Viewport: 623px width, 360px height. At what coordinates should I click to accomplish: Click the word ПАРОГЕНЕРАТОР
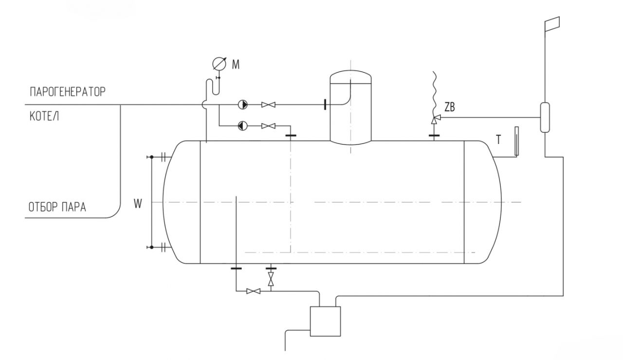click(68, 91)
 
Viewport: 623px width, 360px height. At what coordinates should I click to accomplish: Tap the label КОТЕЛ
click(44, 116)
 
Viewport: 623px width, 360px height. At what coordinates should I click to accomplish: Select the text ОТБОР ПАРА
click(57, 207)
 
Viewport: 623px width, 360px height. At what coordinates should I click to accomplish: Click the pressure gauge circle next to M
click(219, 64)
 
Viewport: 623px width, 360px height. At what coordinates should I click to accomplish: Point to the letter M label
click(236, 65)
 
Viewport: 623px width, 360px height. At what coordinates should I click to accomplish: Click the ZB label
click(449, 107)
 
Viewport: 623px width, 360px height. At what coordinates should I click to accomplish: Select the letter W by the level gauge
click(138, 204)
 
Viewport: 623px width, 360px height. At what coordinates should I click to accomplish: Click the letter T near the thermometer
click(499, 140)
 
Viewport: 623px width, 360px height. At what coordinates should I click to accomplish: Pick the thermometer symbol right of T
click(517, 141)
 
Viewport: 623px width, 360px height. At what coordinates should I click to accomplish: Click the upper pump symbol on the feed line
click(243, 105)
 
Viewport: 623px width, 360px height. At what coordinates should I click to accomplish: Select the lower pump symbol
click(243, 126)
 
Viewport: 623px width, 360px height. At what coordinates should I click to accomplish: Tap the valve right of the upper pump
click(268, 105)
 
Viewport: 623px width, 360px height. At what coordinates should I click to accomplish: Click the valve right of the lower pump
click(268, 126)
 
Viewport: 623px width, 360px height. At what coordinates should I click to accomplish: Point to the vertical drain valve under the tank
click(271, 279)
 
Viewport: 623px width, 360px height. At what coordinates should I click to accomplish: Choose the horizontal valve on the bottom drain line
click(254, 291)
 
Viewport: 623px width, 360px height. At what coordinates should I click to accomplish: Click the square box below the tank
click(326, 322)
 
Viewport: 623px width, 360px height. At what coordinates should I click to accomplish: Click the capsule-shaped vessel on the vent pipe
click(545, 117)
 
